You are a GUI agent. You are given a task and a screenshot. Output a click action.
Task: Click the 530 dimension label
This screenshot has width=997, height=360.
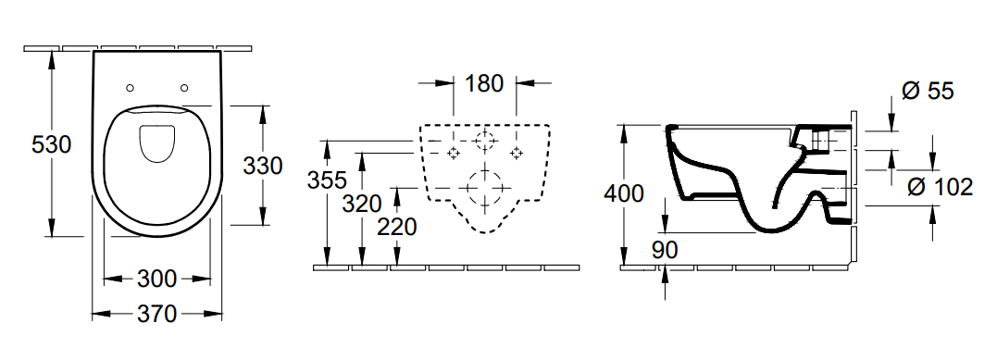(x=52, y=145)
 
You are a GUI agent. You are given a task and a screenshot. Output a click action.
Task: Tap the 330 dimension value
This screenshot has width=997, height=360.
(x=263, y=166)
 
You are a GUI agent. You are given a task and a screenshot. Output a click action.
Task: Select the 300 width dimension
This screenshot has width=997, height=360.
(x=156, y=279)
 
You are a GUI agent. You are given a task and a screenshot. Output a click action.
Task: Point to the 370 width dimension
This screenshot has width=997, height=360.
(x=156, y=314)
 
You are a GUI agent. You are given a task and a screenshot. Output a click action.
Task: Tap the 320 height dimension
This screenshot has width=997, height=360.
(x=362, y=204)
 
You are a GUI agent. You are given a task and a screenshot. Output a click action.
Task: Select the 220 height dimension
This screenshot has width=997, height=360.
(x=397, y=227)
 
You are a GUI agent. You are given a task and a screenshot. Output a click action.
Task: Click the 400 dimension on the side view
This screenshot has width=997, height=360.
(x=624, y=192)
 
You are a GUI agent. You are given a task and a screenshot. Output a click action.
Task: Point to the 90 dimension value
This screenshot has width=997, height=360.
(x=665, y=249)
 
